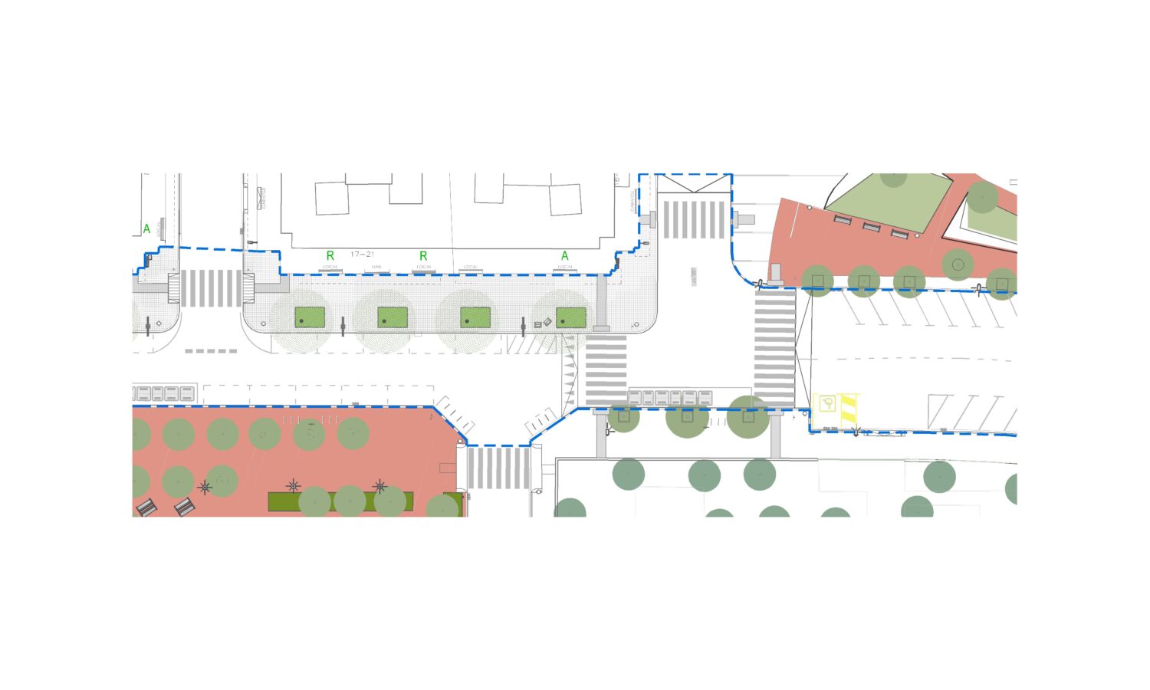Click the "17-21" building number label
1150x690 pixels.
(x=362, y=255)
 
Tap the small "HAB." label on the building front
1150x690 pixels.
(x=376, y=267)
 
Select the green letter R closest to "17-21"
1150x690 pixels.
(x=330, y=256)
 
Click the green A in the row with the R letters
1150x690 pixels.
(x=565, y=256)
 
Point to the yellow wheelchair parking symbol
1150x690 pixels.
(x=827, y=403)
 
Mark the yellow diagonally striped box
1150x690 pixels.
(x=848, y=407)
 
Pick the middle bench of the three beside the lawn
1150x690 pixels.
(x=871, y=227)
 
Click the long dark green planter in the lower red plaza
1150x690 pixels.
(x=340, y=502)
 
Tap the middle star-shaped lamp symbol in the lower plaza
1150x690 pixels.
(x=294, y=486)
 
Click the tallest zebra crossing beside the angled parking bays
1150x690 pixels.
(x=775, y=348)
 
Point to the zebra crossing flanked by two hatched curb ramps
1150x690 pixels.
(x=210, y=288)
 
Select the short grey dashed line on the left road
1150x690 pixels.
(x=211, y=351)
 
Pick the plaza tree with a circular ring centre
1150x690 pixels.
(x=958, y=264)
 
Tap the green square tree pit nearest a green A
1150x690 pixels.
(x=571, y=317)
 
